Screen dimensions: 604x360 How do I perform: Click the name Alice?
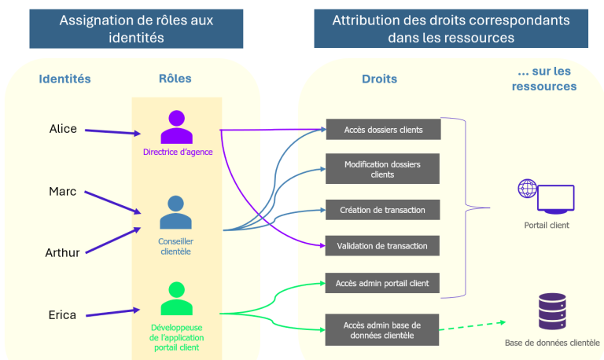pyautogui.click(x=63, y=129)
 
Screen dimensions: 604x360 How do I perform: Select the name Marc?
pyautogui.click(x=62, y=191)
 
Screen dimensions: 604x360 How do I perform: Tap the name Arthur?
pyautogui.click(x=62, y=252)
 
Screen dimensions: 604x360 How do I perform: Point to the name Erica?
pyautogui.click(x=62, y=315)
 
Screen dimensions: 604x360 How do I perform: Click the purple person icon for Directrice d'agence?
pyautogui.click(x=176, y=127)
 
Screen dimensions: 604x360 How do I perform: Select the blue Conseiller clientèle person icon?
pyautogui.click(x=175, y=212)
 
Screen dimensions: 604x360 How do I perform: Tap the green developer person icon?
pyautogui.click(x=176, y=299)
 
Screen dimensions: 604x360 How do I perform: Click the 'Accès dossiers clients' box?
pyautogui.click(x=383, y=130)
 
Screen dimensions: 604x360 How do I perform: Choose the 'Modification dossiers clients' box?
pyautogui.click(x=382, y=169)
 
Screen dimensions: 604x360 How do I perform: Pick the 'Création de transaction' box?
pyautogui.click(x=382, y=210)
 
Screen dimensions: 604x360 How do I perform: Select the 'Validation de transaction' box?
pyautogui.click(x=382, y=246)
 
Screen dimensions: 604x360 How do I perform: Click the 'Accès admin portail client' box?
pyautogui.click(x=382, y=283)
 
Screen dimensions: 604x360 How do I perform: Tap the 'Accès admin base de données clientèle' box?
pyautogui.click(x=382, y=330)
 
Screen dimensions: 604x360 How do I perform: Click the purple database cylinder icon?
pyautogui.click(x=552, y=311)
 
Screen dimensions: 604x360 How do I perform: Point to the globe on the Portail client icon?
pyautogui.click(x=528, y=189)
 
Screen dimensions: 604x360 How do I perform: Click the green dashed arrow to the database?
pyautogui.click(x=473, y=325)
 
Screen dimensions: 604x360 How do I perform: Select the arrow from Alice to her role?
pyautogui.click(x=113, y=132)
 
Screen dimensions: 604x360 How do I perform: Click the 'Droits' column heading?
pyautogui.click(x=379, y=79)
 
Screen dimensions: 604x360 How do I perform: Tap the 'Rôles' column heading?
pyautogui.click(x=175, y=79)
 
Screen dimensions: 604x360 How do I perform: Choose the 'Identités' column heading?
pyautogui.click(x=64, y=79)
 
